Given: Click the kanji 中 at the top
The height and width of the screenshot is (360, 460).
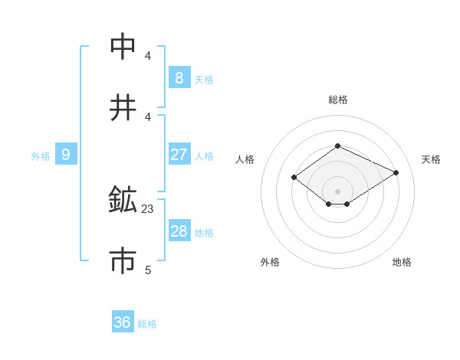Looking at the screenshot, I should pyautogui.click(x=123, y=47).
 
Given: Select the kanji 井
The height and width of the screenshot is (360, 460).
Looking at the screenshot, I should pyautogui.click(x=123, y=108).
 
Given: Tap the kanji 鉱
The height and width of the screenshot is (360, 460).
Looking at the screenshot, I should pyautogui.click(x=123, y=200).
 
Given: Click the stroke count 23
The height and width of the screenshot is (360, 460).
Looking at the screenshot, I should pyautogui.click(x=148, y=208).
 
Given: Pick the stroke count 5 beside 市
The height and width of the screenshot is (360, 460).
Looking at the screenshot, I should pyautogui.click(x=148, y=270).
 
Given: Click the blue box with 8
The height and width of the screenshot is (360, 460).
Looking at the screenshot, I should pyautogui.click(x=179, y=77).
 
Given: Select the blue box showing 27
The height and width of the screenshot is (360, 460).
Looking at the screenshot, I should pyautogui.click(x=179, y=154).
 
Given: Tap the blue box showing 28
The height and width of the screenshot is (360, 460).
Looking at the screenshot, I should pyautogui.click(x=179, y=231).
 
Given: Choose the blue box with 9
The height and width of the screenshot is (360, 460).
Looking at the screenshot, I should pyautogui.click(x=66, y=155).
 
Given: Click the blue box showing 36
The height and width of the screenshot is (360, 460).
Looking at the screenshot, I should pyautogui.click(x=122, y=322).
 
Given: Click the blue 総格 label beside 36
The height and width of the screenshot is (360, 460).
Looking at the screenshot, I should pyautogui.click(x=147, y=324).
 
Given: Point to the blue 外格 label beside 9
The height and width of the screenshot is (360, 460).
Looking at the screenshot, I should pyautogui.click(x=41, y=156).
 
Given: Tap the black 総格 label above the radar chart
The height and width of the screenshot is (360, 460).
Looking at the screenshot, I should pyautogui.click(x=337, y=100).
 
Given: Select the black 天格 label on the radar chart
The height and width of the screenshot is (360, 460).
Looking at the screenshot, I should pyautogui.click(x=431, y=159).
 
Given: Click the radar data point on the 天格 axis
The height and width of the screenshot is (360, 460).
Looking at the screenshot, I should pyautogui.click(x=396, y=172).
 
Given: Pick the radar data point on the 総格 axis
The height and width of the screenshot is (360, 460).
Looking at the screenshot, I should pyautogui.click(x=337, y=146).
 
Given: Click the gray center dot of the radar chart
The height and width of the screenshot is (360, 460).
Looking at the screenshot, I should pyautogui.click(x=337, y=191).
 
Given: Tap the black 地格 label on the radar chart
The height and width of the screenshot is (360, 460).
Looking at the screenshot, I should pyautogui.click(x=402, y=262).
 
